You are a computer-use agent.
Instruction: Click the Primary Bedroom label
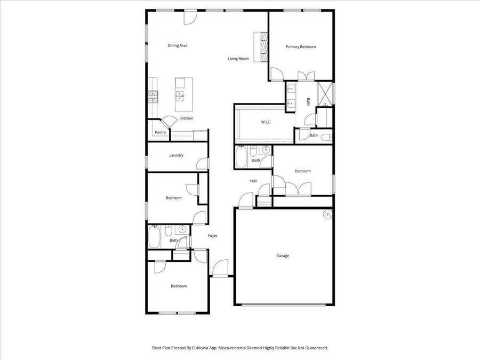(301, 47)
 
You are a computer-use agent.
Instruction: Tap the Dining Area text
(178, 46)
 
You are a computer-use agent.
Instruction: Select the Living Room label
(238, 59)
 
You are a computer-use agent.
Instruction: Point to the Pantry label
(161, 133)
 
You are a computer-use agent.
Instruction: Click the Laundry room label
(177, 155)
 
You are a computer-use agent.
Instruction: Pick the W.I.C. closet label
(266, 122)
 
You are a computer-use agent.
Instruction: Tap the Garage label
(283, 255)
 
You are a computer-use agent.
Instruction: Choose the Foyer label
(213, 236)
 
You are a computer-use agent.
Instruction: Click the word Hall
(253, 181)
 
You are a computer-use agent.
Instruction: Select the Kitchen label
(187, 118)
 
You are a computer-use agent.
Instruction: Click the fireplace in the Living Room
(261, 46)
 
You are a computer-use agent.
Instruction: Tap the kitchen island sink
(180, 96)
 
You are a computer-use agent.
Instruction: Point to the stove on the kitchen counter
(153, 97)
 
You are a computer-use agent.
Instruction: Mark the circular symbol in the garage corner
(328, 214)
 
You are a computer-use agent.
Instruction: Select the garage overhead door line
(284, 305)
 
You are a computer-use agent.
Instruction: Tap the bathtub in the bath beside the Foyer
(155, 237)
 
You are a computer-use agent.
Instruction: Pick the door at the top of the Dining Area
(190, 18)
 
